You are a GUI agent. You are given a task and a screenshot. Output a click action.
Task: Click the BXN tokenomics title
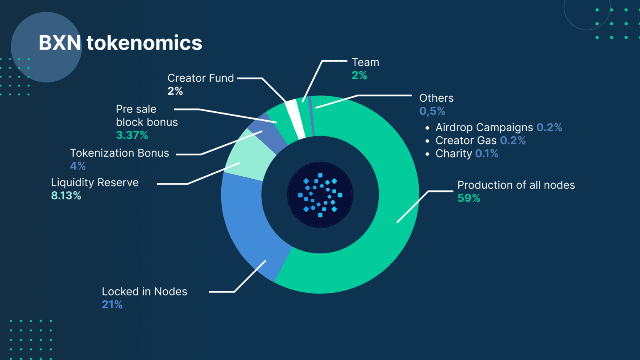click(x=120, y=43)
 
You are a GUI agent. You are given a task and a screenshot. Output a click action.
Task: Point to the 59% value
click(x=469, y=198)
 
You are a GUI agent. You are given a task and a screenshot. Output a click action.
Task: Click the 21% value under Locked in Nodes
click(x=112, y=305)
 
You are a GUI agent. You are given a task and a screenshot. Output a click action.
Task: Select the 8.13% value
click(x=66, y=196)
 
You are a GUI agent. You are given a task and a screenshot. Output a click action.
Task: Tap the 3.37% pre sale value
click(x=132, y=135)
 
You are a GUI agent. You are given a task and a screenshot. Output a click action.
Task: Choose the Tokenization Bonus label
click(x=119, y=153)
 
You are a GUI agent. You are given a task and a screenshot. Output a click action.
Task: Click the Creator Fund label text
click(x=200, y=78)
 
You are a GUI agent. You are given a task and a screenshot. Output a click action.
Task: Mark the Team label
click(x=365, y=62)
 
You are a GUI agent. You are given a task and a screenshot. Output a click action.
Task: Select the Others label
click(x=436, y=98)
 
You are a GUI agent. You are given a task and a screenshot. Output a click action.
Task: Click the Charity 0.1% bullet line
click(x=467, y=154)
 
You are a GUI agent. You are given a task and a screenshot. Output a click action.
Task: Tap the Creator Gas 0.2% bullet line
click(x=480, y=141)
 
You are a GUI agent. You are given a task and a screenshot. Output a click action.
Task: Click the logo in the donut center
click(x=320, y=195)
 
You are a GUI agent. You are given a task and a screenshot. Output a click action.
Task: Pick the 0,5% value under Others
click(x=432, y=111)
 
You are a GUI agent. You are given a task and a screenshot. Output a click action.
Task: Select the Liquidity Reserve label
click(x=95, y=182)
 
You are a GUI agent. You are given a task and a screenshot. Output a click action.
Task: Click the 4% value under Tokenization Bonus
click(x=78, y=166)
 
